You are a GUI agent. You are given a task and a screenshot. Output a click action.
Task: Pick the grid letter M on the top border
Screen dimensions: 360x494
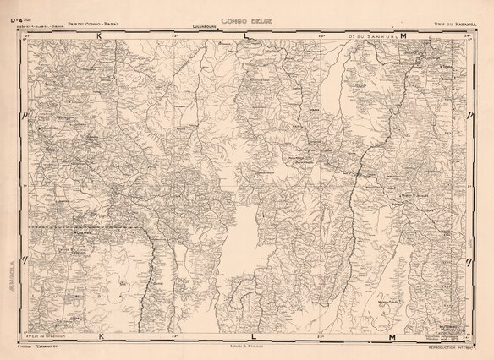pyautogui.click(x=403, y=36)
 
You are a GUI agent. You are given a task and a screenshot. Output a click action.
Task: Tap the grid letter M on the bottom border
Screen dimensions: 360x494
pyautogui.click(x=392, y=337)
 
